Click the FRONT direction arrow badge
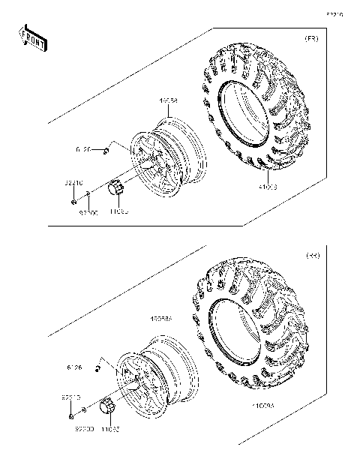32,37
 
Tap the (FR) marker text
310,38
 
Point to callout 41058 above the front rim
167,100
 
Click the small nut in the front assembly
71,202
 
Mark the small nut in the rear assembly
70,415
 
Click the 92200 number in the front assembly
88,213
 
